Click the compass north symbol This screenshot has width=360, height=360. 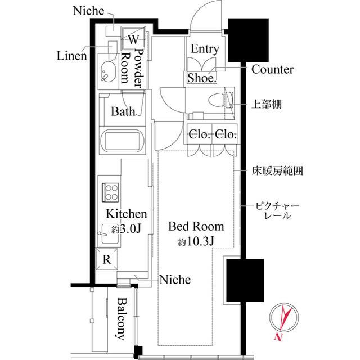(x=283, y=323)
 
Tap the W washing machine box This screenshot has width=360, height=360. (x=134, y=39)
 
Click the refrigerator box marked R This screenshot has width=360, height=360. (x=107, y=259)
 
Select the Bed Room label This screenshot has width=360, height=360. (x=196, y=227)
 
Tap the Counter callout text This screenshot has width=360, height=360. (x=272, y=70)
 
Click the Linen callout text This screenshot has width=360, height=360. (x=71, y=56)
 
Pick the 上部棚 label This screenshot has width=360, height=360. (x=266, y=104)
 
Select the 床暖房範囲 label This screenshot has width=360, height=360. (x=276, y=172)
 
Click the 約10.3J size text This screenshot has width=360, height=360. (x=196, y=242)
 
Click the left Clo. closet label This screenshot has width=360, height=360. (x=199, y=135)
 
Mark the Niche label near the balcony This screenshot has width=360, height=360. (x=175, y=280)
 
